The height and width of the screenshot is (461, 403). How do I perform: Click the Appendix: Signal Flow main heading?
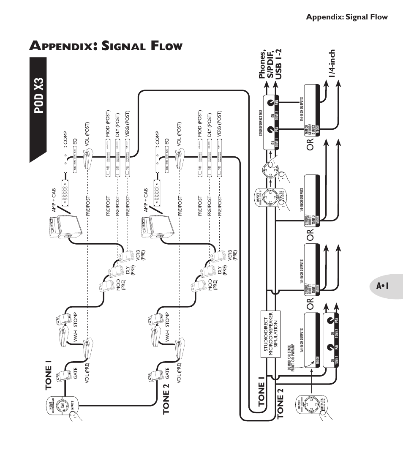(x=106, y=46)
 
